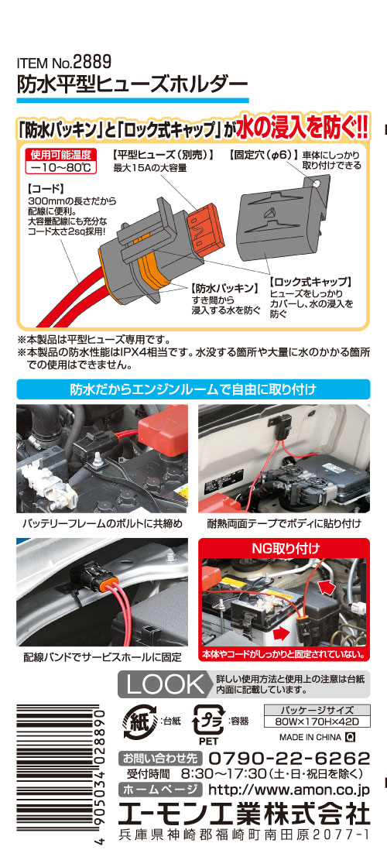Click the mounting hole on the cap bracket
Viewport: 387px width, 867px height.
[x=318, y=181]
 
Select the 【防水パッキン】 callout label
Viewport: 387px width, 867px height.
[x=225, y=287]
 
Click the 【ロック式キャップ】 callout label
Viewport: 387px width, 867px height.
[x=310, y=281]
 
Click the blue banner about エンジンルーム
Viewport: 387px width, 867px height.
[x=193, y=389]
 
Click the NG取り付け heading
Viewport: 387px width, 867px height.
[x=286, y=549]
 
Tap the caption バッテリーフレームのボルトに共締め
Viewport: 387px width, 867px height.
[x=102, y=523]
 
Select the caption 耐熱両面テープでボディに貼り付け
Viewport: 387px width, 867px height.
[x=284, y=523]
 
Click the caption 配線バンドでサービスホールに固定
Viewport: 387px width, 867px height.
[x=103, y=658]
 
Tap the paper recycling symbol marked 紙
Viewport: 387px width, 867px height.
[x=140, y=721]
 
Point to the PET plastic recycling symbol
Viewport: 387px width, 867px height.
[x=208, y=723]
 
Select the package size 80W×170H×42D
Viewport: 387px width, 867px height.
[x=317, y=721]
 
